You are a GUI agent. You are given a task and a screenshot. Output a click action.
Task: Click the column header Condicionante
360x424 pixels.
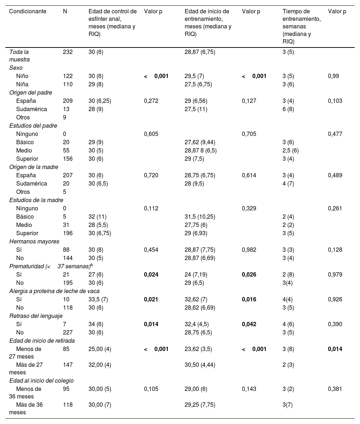tap(28, 12)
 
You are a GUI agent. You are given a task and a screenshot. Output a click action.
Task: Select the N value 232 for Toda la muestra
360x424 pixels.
tap(68, 52)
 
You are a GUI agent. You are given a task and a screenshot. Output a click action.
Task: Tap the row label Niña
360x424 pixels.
tap(22, 85)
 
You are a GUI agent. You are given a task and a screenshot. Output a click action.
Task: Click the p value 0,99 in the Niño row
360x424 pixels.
tap(333, 76)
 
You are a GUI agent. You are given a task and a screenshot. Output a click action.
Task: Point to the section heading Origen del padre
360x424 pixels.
tap(31, 93)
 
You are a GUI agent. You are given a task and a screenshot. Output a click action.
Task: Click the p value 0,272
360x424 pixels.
tap(151, 101)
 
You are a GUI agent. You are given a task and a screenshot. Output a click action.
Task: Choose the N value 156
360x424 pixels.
tap(68, 159)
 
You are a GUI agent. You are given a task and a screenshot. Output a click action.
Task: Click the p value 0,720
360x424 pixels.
tap(151, 175)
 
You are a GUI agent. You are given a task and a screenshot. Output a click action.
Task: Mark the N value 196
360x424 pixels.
tap(68, 233)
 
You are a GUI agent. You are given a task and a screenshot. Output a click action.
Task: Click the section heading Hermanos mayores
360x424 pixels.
tap(32, 242)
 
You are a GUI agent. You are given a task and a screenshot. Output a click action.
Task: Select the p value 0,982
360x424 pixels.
tap(249, 250)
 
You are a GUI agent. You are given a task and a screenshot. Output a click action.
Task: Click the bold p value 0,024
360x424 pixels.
tap(151, 275)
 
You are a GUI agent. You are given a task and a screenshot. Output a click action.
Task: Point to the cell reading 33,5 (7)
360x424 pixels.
tap(98, 300)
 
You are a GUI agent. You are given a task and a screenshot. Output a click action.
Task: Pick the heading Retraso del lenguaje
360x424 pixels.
tap(36, 316)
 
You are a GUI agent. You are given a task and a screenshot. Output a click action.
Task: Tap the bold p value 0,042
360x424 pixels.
tap(249, 324)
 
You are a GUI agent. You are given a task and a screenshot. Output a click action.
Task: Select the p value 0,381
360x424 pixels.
tap(335, 389)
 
